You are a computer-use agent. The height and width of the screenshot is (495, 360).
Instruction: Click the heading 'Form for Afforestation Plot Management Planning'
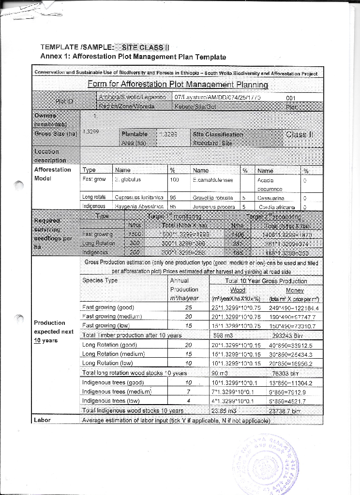178,85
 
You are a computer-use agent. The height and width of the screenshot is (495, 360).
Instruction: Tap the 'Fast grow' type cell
94,179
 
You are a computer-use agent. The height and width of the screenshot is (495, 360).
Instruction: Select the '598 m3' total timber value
223,335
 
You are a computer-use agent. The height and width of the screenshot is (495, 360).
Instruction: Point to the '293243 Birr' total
287,335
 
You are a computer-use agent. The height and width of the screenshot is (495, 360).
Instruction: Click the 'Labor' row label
43,420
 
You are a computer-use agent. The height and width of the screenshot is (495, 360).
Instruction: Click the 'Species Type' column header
100,280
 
